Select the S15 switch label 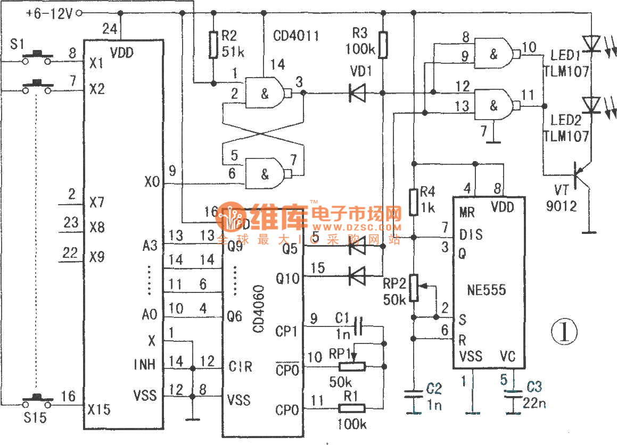click(x=36, y=418)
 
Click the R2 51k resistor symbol click(x=213, y=45)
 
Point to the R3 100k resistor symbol click(x=383, y=44)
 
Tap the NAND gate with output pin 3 click(x=267, y=93)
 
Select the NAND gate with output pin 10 click(x=495, y=52)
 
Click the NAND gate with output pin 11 click(x=495, y=105)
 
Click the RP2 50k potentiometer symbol click(x=413, y=288)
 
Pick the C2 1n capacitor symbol click(x=413, y=397)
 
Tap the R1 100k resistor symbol click(x=352, y=408)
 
